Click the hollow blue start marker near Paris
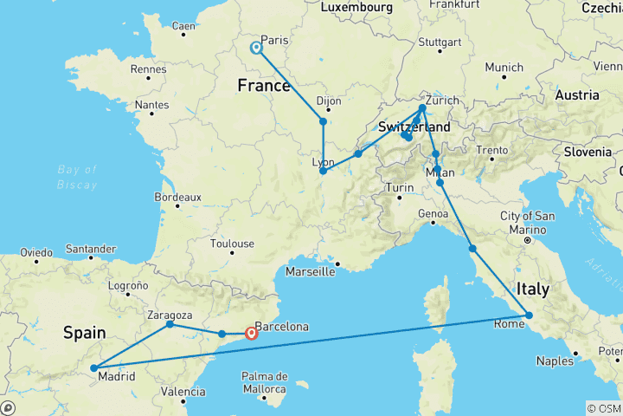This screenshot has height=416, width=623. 257,49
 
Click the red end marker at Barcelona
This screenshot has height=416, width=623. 251,333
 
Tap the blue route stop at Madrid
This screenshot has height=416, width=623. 93,368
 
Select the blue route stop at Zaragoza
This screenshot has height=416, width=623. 170,324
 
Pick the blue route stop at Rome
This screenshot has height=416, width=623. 529,315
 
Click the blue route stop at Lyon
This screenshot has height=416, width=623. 323,171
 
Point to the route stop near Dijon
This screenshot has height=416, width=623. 324,121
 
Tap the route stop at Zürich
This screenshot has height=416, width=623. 422,108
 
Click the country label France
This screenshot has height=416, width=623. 264,87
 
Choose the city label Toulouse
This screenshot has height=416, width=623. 231,244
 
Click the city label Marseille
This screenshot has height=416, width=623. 311,271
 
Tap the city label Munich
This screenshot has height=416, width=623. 504,67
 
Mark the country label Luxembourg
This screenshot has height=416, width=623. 357,7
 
